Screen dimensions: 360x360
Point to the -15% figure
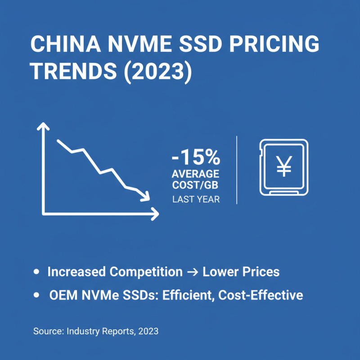point(196,158)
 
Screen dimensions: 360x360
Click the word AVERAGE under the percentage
point(196,174)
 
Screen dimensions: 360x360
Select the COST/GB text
point(196,185)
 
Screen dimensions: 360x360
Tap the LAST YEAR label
point(196,199)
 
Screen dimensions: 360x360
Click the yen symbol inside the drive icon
point(284,166)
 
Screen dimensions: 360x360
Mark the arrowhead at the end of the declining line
point(145,196)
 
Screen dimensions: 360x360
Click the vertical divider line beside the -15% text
point(237,170)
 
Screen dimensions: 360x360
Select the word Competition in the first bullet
point(147,272)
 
